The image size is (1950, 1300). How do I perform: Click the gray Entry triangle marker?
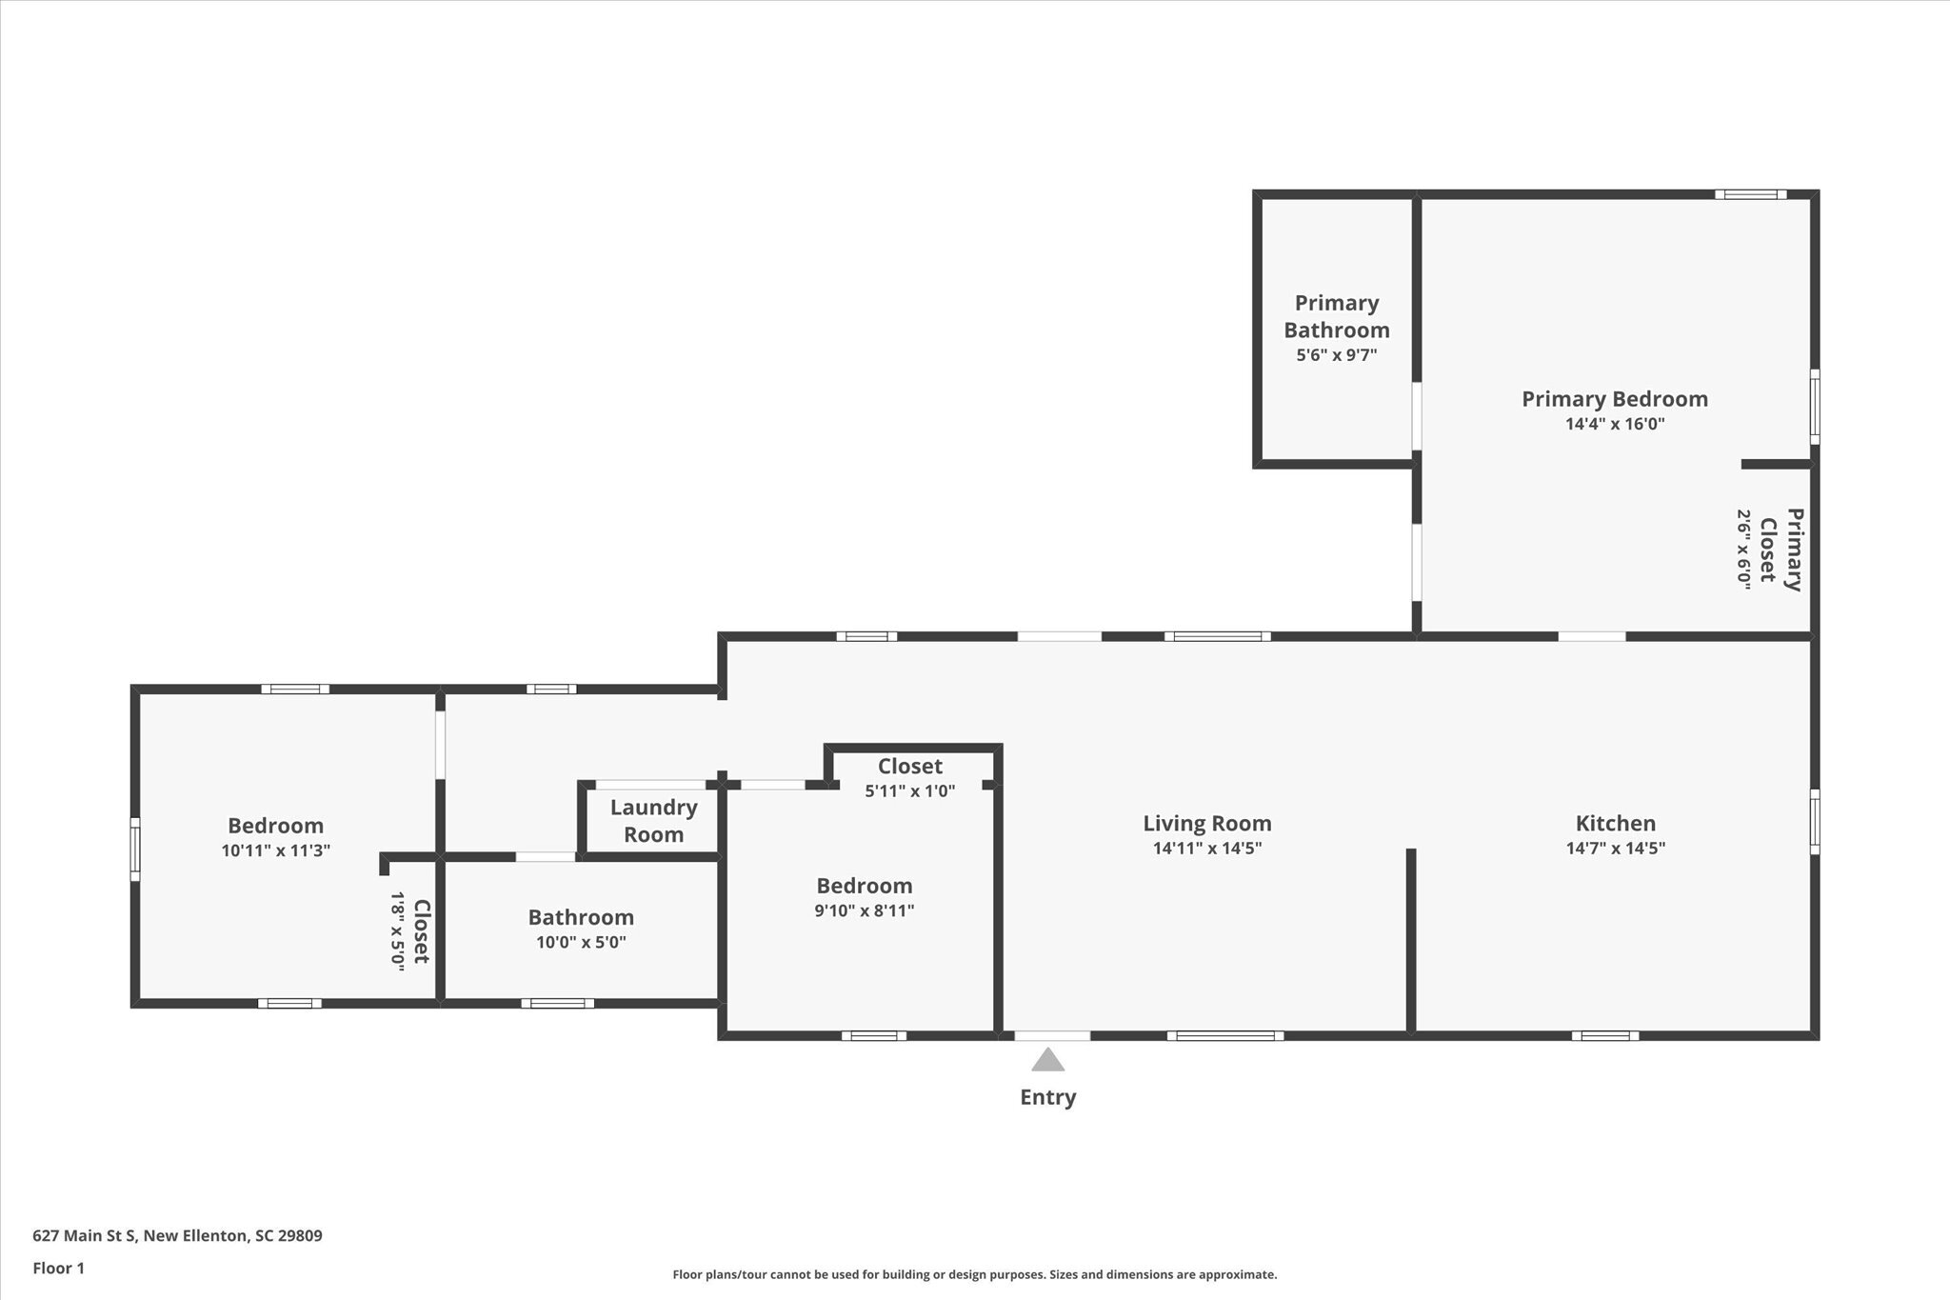tap(1047, 1060)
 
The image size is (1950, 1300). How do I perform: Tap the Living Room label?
tap(1206, 823)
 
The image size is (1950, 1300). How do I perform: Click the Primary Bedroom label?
tap(1614, 399)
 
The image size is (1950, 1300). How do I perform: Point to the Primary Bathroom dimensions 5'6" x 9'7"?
tap(1336, 355)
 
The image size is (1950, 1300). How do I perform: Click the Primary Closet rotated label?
tap(1781, 550)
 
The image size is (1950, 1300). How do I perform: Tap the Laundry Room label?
tap(653, 821)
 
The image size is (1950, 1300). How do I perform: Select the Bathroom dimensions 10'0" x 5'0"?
tap(581, 943)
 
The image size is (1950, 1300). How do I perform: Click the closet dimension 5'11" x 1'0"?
tap(909, 790)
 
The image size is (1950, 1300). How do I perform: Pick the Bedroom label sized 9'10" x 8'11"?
tap(864, 886)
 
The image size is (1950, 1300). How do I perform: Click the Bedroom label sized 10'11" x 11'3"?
tap(275, 826)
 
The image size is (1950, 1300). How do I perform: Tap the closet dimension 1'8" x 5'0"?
tap(398, 930)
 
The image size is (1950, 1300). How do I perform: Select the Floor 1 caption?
tap(58, 1268)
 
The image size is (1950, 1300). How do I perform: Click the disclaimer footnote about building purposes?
tap(974, 1274)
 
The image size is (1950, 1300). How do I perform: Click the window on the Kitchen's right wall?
tap(1815, 821)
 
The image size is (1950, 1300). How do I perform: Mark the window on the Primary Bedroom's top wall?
tap(1750, 195)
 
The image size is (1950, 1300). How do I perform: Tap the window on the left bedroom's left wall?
tap(135, 850)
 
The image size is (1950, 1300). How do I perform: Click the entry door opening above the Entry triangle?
tap(1051, 1035)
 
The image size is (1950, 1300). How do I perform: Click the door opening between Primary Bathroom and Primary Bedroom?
tap(1417, 416)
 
